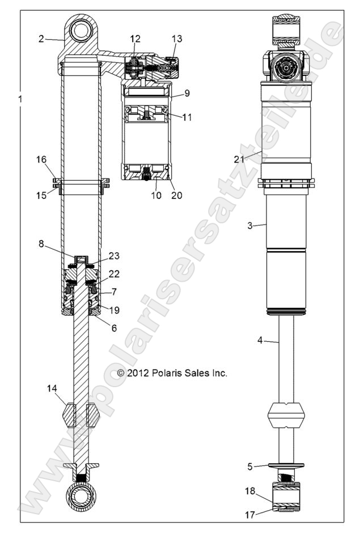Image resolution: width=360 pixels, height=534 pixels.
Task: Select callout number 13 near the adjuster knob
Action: click(x=177, y=39)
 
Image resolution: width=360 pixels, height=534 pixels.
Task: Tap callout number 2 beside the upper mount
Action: click(x=41, y=39)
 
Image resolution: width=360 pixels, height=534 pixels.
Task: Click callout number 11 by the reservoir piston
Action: click(x=187, y=117)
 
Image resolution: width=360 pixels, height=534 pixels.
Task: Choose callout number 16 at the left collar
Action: click(x=42, y=160)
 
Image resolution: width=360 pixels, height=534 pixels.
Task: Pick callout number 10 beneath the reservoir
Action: click(x=156, y=196)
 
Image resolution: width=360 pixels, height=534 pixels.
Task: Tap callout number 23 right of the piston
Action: click(x=114, y=256)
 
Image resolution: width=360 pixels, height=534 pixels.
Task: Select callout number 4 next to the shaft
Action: click(x=260, y=341)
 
